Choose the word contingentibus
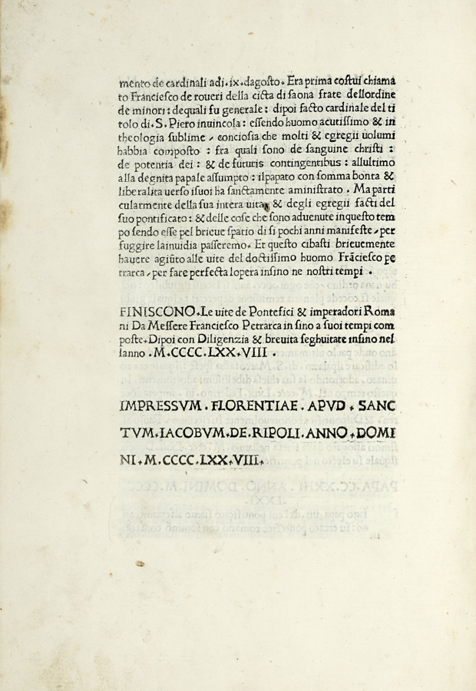(301, 164)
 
